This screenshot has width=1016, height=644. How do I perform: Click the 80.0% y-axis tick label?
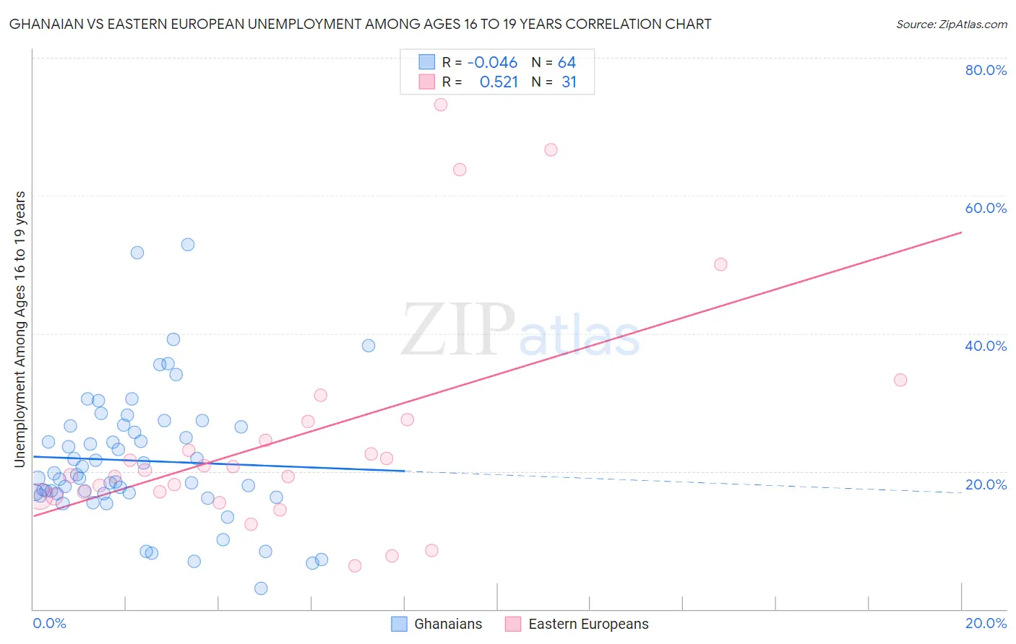(x=986, y=70)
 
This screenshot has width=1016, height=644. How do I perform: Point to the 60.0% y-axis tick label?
(x=986, y=208)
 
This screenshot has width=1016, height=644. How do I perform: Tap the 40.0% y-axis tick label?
(x=986, y=346)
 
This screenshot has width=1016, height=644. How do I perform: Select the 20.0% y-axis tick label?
(x=986, y=484)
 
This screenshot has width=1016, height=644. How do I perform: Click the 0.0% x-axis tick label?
(x=49, y=624)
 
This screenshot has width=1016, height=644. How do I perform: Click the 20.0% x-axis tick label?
(x=986, y=624)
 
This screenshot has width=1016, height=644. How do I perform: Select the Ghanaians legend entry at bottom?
(x=436, y=624)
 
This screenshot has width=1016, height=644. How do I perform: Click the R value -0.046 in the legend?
(x=492, y=63)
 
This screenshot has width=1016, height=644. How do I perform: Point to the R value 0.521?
(x=499, y=82)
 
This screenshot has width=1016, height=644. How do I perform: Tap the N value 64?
(x=567, y=63)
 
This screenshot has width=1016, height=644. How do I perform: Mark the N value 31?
(x=569, y=82)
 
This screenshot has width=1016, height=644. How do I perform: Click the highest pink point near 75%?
(x=440, y=105)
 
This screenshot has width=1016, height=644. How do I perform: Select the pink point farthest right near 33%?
(x=900, y=380)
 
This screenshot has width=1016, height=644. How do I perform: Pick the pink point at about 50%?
(x=720, y=264)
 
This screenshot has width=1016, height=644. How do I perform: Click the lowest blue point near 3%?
(x=261, y=588)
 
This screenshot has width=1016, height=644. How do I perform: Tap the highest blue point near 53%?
(x=188, y=245)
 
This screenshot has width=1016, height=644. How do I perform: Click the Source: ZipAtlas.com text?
(x=951, y=25)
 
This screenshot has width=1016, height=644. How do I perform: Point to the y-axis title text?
(x=20, y=329)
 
